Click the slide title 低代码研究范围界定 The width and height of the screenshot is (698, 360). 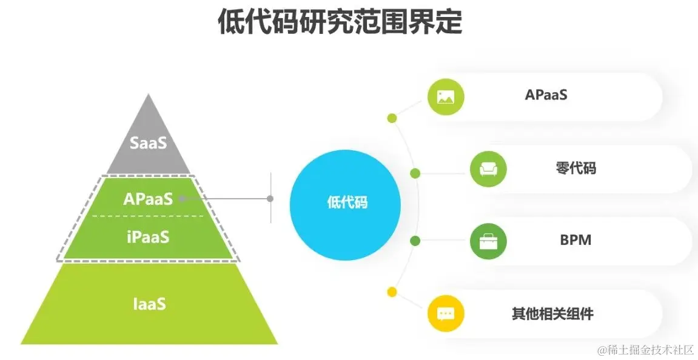point(340,24)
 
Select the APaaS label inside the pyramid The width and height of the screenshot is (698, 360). point(148,198)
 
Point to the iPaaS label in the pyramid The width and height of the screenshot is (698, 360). point(148,236)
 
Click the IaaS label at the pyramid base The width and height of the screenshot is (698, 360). point(149,303)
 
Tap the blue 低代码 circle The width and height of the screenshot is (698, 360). point(346,202)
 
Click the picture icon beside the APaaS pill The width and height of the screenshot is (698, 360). point(446,96)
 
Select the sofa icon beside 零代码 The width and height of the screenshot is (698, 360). point(488,168)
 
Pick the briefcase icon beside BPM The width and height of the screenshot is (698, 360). point(488,241)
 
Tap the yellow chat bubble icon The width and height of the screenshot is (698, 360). point(446,314)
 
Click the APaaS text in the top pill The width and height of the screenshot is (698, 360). point(546,95)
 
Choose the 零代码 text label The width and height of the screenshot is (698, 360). point(576,168)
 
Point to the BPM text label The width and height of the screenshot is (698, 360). point(576,240)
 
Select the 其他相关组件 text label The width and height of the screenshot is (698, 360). point(552,314)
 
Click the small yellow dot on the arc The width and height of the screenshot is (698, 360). point(392,292)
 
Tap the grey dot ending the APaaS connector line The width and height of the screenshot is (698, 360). point(270,198)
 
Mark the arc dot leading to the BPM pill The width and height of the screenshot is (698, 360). point(415,241)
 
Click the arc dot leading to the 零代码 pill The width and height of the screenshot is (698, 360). point(415,173)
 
